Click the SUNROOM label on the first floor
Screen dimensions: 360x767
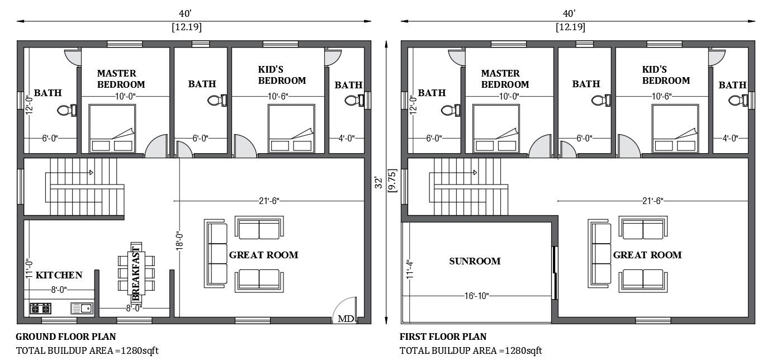pos(474,261)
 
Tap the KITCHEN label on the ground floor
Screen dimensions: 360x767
pos(59,275)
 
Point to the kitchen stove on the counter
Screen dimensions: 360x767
pos(41,308)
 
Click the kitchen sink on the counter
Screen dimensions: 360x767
pos(82,308)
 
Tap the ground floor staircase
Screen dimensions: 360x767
pos(84,186)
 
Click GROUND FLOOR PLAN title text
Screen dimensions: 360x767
pos(65,337)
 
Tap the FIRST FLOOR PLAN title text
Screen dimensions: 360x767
pos(443,337)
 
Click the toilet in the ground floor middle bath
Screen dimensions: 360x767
pos(216,101)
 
